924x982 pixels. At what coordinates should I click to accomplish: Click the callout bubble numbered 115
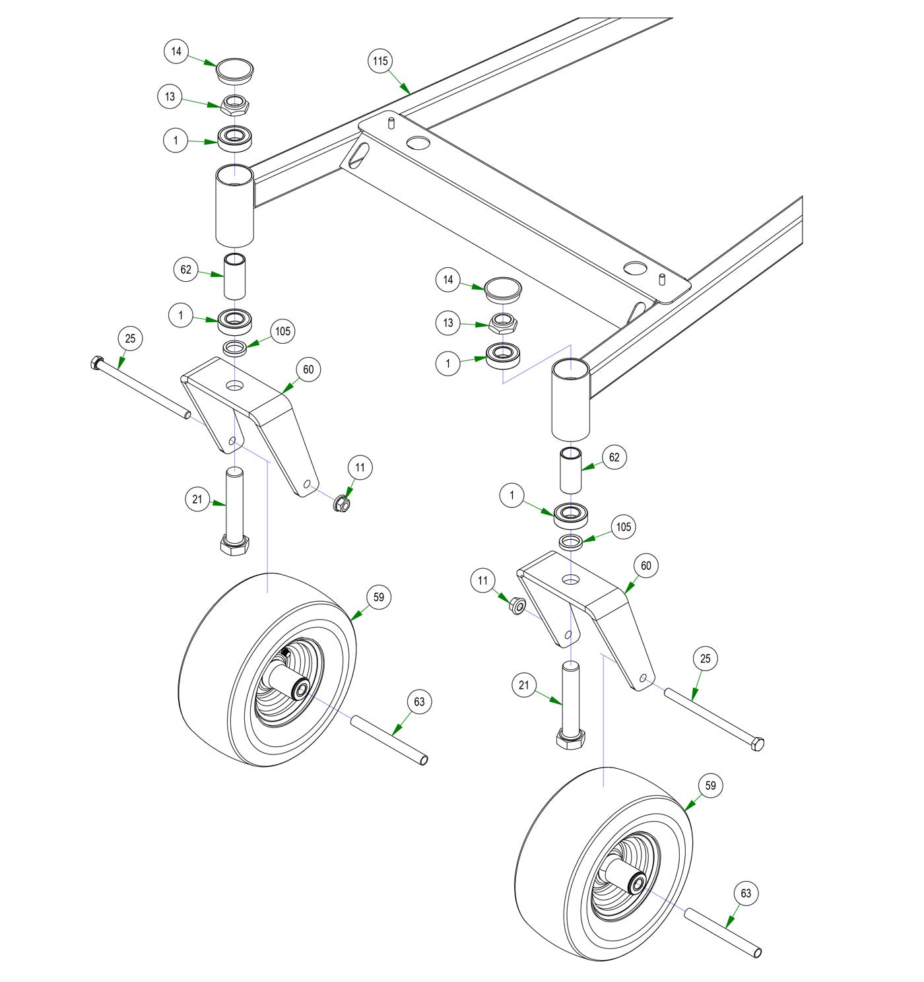coord(380,61)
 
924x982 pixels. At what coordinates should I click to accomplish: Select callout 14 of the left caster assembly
coord(176,51)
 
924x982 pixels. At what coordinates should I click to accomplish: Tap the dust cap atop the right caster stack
coord(503,288)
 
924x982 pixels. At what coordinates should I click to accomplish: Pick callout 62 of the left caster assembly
coord(186,269)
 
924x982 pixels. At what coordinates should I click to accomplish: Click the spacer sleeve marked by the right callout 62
coord(572,470)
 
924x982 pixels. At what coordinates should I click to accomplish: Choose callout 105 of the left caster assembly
coord(283,331)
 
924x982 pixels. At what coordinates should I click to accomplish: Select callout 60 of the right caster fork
coord(646,566)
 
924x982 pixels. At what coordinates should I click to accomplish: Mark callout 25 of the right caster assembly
coord(706,659)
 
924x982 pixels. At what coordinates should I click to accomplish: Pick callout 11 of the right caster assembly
coord(483,581)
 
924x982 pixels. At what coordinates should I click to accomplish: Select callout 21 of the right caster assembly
coord(523,686)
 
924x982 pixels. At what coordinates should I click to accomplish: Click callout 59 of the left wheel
coord(379,597)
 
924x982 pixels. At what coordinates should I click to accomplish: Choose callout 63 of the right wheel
coord(746,894)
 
